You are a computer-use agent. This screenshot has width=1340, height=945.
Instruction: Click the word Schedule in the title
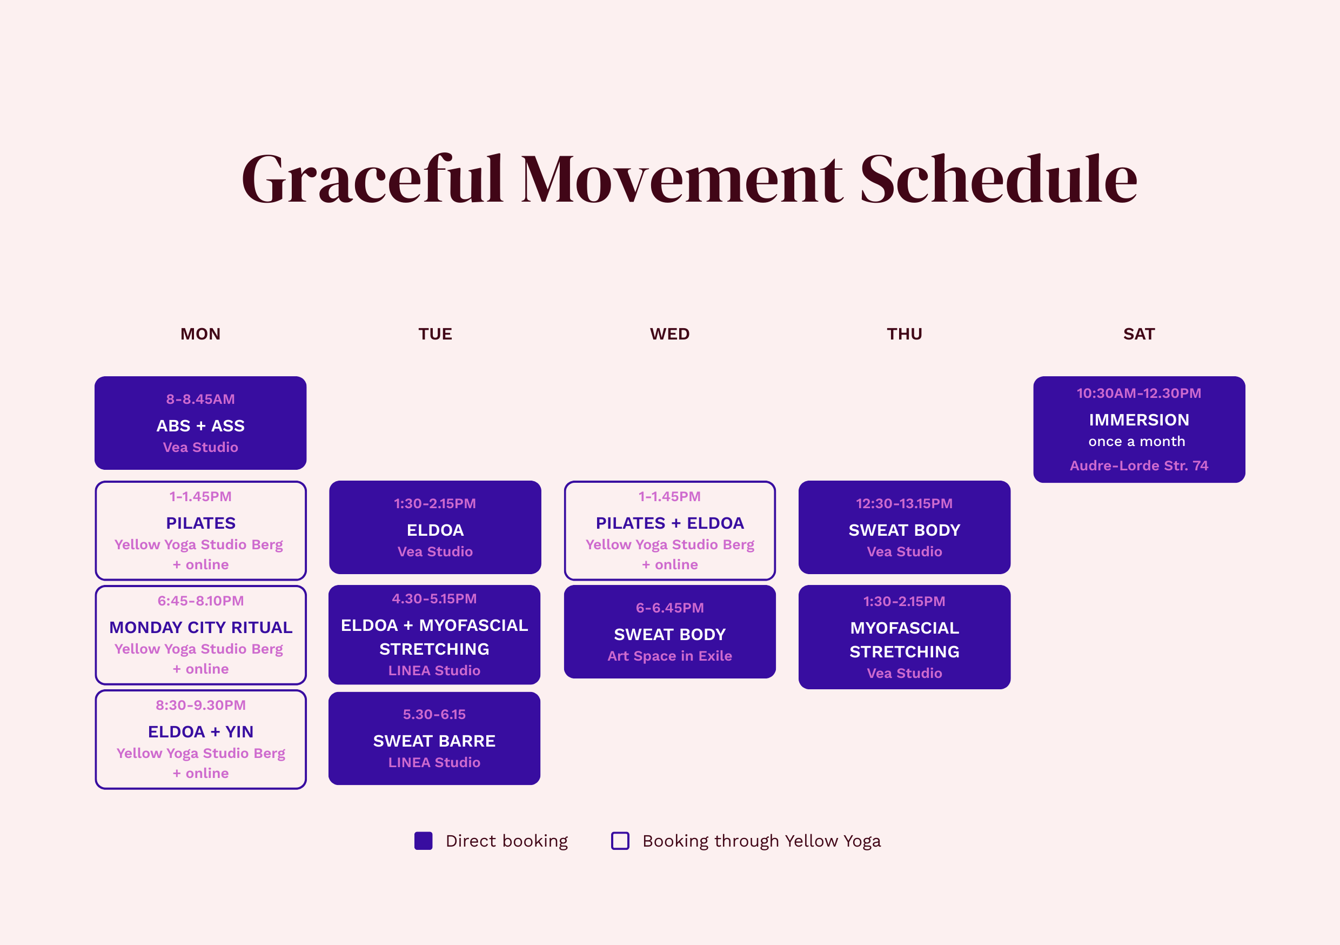click(x=998, y=179)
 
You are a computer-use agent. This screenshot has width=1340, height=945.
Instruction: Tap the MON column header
click(x=200, y=334)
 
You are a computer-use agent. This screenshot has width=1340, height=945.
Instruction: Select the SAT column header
click(x=1138, y=334)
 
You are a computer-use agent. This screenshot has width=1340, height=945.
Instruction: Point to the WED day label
click(x=669, y=334)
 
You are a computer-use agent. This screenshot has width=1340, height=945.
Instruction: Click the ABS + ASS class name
click(x=200, y=426)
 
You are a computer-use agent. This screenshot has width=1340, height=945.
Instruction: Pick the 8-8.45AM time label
click(x=200, y=400)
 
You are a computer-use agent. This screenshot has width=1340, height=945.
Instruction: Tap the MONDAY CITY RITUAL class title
click(x=200, y=627)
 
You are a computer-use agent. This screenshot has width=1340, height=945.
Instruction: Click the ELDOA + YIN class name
click(x=200, y=732)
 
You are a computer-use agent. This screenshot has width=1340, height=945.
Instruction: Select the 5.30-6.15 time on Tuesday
click(x=434, y=714)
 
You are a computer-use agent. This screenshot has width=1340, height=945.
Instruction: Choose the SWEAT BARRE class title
click(x=434, y=741)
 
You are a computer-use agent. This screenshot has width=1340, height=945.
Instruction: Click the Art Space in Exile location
click(x=669, y=656)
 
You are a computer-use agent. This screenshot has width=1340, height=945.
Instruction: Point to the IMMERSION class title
click(x=1138, y=420)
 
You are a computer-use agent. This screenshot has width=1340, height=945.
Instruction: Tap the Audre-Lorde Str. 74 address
click(x=1138, y=465)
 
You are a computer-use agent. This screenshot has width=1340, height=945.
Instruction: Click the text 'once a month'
click(x=1136, y=442)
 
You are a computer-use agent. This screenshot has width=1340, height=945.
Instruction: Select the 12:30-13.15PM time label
click(x=904, y=503)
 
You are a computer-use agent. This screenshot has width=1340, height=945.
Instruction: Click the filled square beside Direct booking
click(x=423, y=841)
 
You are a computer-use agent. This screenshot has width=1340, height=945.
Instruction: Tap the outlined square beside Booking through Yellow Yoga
click(x=620, y=841)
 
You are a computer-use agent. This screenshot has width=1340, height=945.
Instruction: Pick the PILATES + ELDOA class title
click(x=669, y=523)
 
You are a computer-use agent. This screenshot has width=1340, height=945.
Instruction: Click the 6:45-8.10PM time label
click(x=200, y=601)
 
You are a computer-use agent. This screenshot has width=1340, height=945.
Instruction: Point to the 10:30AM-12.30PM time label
click(x=1138, y=394)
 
